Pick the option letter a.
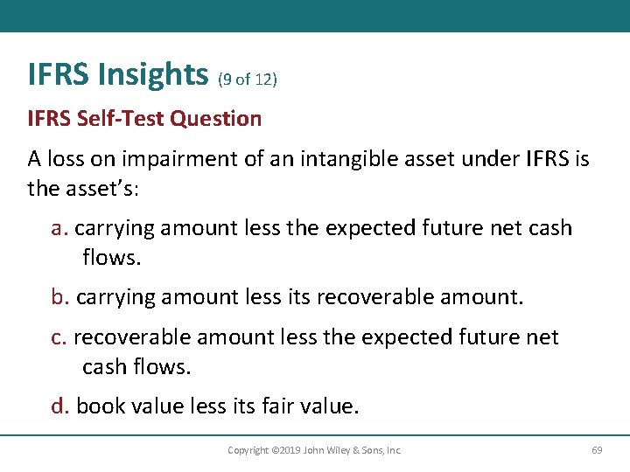click(x=58, y=229)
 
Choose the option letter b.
click(x=59, y=297)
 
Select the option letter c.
click(x=58, y=337)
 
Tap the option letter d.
click(x=59, y=406)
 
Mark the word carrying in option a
click(x=115, y=229)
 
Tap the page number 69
click(x=597, y=450)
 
